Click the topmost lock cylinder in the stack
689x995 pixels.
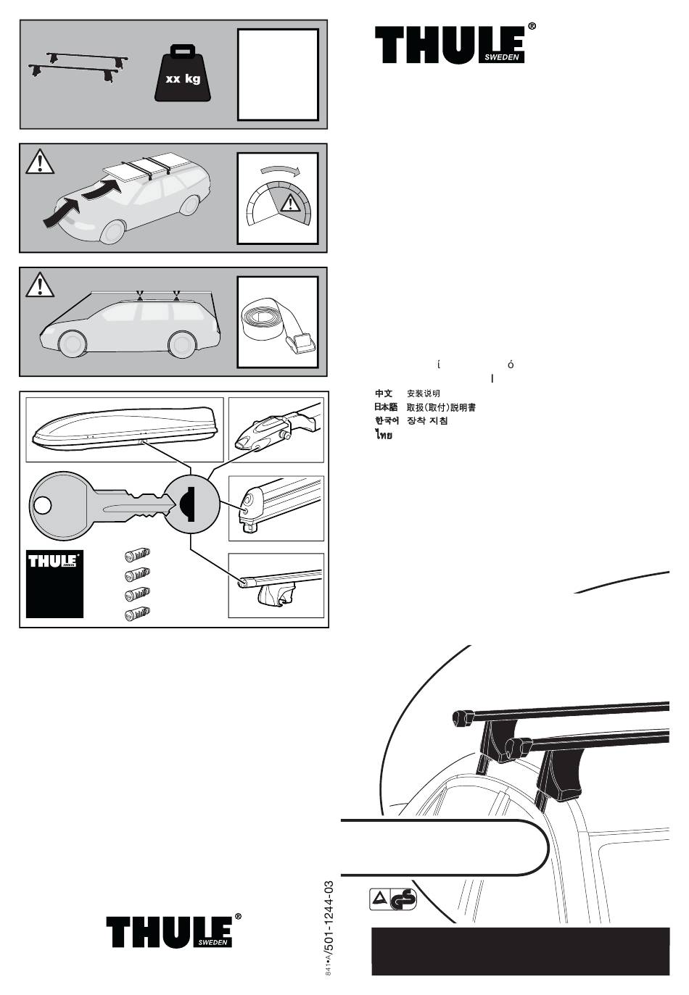[x=137, y=556]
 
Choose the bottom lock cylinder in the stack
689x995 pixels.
[x=137, y=615]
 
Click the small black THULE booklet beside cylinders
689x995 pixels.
[x=54, y=583]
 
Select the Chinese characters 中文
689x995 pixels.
[x=384, y=394]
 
